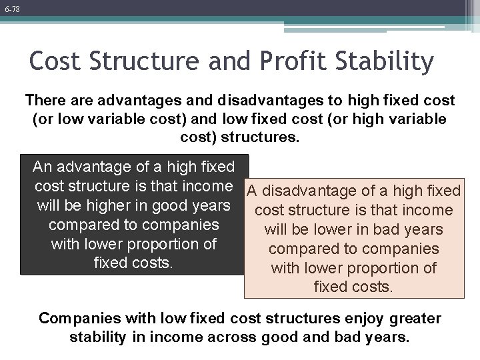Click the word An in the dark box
(x=44, y=165)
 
